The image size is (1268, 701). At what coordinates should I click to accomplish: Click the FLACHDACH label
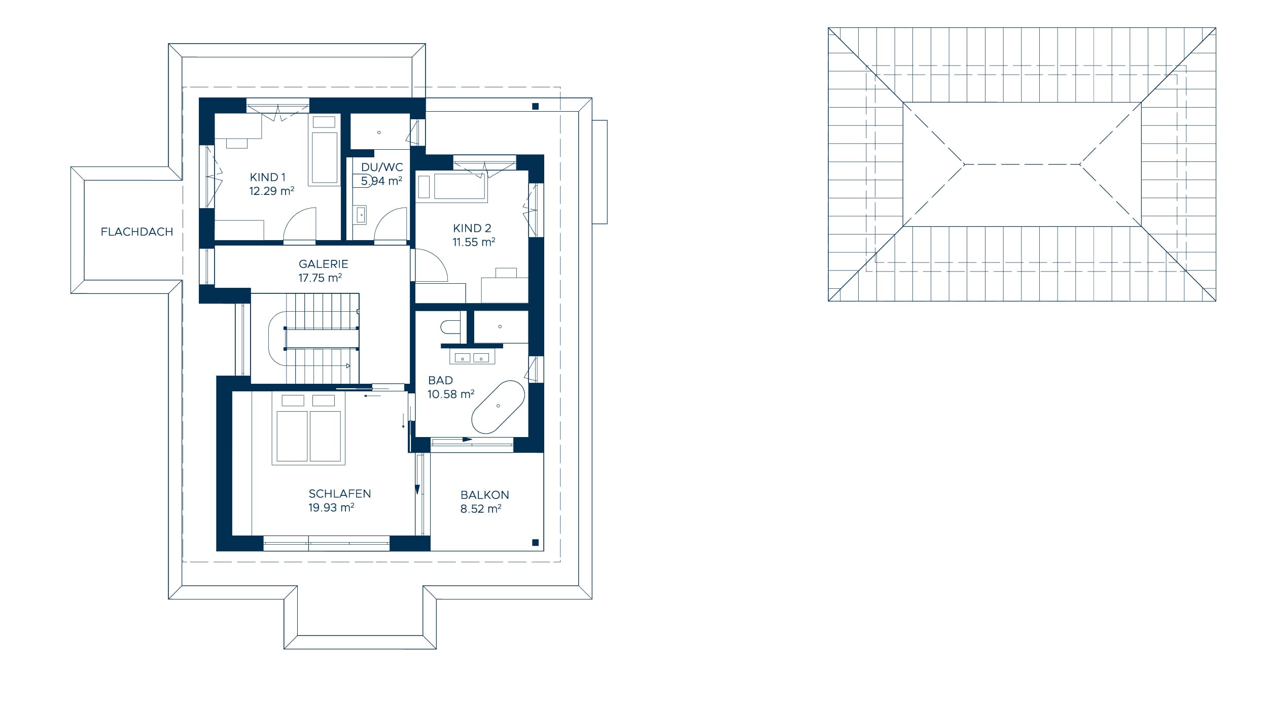click(137, 232)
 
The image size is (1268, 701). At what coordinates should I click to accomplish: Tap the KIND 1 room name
click(268, 177)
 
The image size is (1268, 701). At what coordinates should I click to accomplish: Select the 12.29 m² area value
click(272, 191)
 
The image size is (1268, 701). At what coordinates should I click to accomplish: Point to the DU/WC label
click(382, 167)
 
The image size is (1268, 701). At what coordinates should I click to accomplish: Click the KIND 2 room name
click(472, 228)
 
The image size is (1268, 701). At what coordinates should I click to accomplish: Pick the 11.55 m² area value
click(474, 242)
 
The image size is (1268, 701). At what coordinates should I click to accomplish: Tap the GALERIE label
click(324, 264)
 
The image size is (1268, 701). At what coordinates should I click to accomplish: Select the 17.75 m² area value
click(320, 278)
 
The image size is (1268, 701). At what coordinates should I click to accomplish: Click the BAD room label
click(441, 380)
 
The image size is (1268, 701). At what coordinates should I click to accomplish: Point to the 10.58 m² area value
click(451, 394)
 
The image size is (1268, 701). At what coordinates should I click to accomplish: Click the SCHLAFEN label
click(340, 494)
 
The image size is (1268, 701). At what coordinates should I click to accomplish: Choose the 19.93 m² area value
click(331, 508)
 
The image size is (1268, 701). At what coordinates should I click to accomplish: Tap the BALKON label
click(485, 495)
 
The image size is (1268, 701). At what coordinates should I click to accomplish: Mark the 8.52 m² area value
click(481, 509)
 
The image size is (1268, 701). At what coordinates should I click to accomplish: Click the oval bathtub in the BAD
click(498, 407)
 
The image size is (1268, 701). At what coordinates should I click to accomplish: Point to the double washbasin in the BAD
click(472, 358)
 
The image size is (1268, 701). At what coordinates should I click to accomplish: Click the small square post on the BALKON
click(535, 543)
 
